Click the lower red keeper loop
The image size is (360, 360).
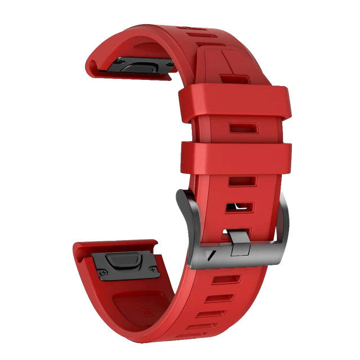[236, 157]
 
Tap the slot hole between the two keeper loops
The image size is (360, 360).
[243, 129]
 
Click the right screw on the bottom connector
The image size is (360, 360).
[152, 272]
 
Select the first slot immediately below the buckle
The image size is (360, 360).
[226, 279]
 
